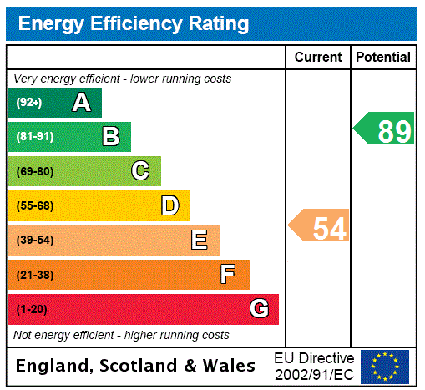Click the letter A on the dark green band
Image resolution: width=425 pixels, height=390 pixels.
pos(81,103)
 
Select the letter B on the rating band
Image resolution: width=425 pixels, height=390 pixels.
pos(110,137)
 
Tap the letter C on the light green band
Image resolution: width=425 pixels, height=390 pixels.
pos(140,171)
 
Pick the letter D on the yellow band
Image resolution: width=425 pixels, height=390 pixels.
pos(169,205)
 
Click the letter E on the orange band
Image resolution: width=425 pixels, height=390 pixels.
pos(200,241)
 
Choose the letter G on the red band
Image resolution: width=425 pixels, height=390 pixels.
pos(259,309)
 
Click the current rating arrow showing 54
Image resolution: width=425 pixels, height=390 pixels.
pos(319,226)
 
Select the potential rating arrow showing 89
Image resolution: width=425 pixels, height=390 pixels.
pos(385,130)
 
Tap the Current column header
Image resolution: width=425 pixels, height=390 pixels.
pos(318,58)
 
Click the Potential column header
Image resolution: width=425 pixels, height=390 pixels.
pos(383,58)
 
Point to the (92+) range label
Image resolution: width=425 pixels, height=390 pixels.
pos(29,103)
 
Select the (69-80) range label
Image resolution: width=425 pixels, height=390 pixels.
pos(34,171)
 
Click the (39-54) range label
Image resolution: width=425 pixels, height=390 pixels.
pos(34,241)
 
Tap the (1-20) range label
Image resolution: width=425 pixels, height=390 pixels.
pos(32,309)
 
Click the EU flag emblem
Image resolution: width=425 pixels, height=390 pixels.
pos(385,366)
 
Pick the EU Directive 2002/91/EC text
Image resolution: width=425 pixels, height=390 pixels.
pos(314,366)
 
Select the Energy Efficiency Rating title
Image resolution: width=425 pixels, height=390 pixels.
pos(134,24)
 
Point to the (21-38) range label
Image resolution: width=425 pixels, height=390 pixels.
pos(34,275)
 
